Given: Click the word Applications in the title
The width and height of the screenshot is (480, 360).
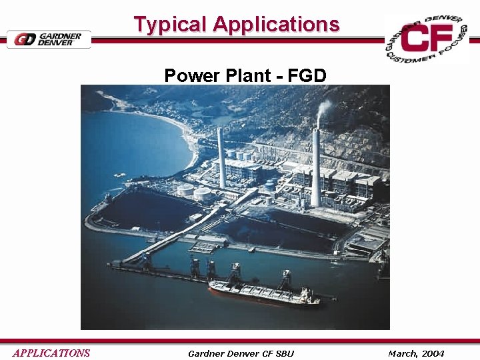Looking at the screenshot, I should tap(276, 25).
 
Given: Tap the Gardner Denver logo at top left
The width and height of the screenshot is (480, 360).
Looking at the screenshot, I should tap(48, 39).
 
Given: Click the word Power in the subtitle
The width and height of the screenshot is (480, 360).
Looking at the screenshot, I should tap(189, 75).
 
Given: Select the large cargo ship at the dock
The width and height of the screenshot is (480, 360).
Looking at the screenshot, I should tap(263, 292).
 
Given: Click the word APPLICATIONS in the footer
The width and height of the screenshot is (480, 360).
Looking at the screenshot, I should tap(51, 353).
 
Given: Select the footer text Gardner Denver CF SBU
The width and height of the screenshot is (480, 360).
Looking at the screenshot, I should tap(241, 353).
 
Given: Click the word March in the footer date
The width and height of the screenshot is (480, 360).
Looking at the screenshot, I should tap(402, 353).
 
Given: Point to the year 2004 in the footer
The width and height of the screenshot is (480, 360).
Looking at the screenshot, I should tap(432, 353).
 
